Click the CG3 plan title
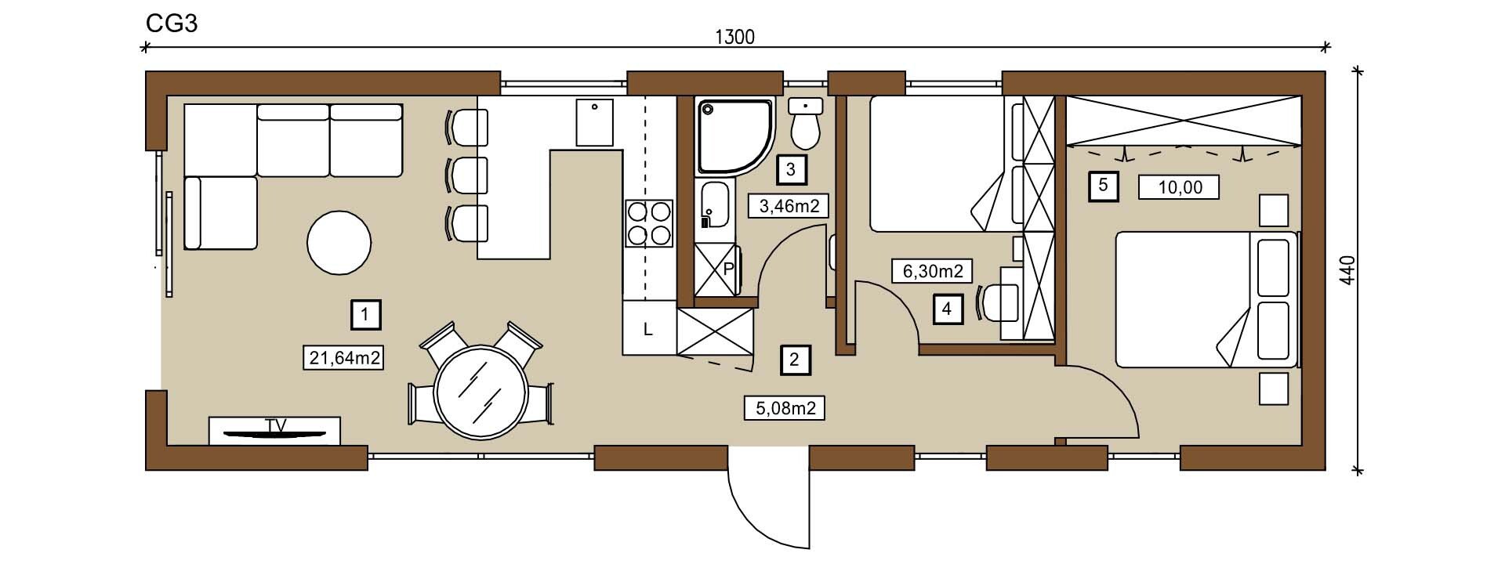pos(172,24)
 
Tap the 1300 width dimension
pos(734,37)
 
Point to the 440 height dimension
pos(1347,270)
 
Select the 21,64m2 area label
pos(343,358)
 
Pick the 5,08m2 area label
pos(785,408)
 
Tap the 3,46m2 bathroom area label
pos(789,206)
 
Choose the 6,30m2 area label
pos(933,271)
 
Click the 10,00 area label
pos(1180,187)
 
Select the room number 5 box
pos(1104,186)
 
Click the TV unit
pos(274,431)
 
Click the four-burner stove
pos(649,223)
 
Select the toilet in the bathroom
pos(805,124)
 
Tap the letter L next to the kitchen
pos(648,330)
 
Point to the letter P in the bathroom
pos(728,269)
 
